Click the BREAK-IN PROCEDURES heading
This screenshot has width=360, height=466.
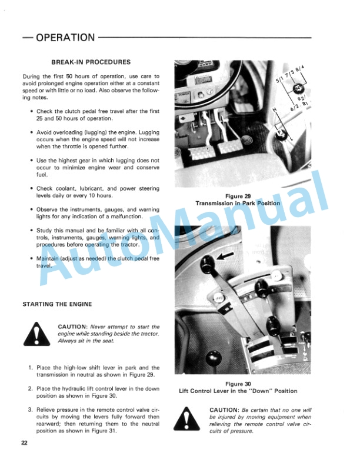[x=91, y=62]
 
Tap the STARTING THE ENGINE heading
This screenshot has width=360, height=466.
[x=56, y=304]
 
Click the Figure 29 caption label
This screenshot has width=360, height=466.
[x=238, y=196]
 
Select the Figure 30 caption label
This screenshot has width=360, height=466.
[x=238, y=384]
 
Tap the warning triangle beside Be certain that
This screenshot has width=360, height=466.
[x=186, y=420]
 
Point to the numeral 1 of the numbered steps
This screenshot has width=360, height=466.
[x=31, y=368]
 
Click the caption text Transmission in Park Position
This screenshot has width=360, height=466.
[x=238, y=203]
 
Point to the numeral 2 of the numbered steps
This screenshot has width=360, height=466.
[x=31, y=389]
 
